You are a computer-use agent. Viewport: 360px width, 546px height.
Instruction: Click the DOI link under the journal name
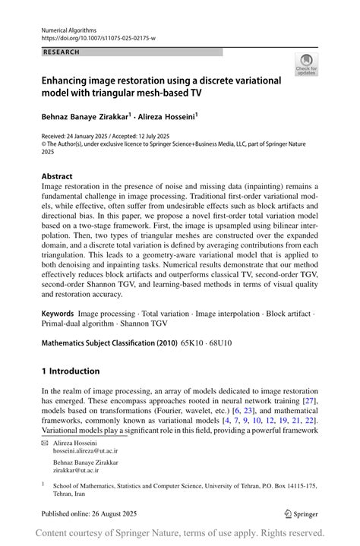[99, 37]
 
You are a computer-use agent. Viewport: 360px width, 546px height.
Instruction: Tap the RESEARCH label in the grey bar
[62, 52]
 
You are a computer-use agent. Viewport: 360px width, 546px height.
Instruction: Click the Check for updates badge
[306, 65]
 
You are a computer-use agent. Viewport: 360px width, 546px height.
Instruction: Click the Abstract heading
[57, 176]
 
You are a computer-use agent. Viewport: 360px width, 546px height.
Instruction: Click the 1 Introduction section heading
[71, 371]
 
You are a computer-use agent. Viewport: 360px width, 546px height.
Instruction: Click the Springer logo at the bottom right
[300, 514]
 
